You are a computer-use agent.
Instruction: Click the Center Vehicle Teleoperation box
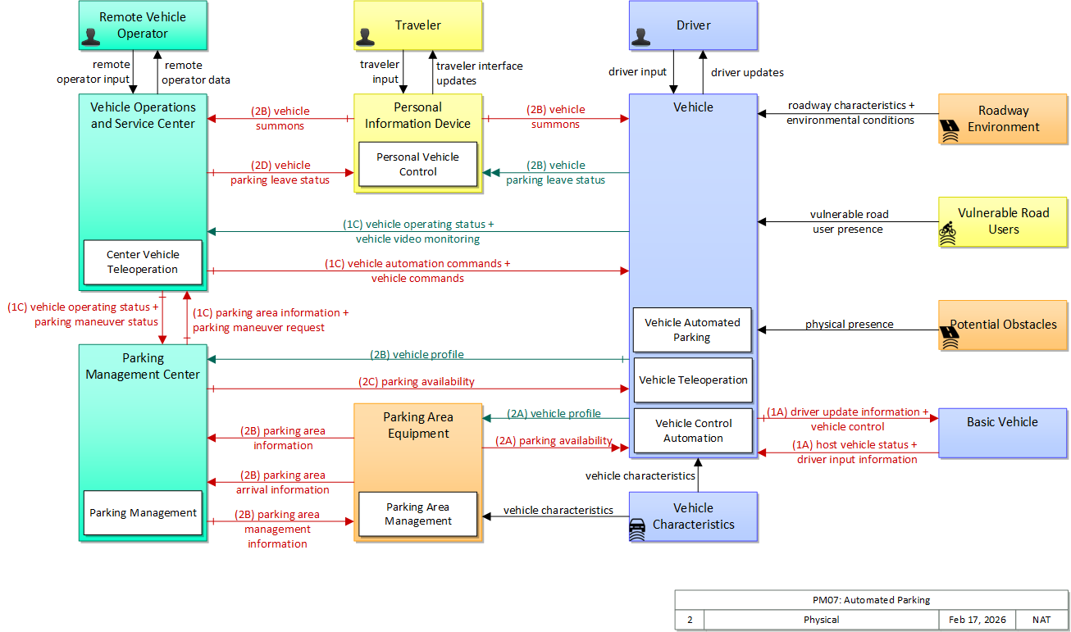[143, 262]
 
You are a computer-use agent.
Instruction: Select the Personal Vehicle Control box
[417, 164]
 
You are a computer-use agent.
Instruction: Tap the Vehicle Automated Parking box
[692, 330]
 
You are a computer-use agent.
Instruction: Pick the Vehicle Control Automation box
[693, 430]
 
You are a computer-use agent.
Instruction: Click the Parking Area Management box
[417, 514]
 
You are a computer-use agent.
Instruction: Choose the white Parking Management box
[143, 512]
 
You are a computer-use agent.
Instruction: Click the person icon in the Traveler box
[365, 37]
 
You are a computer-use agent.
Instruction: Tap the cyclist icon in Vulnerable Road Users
[947, 234]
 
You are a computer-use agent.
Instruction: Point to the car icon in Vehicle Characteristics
[637, 530]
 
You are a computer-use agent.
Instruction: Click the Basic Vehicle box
[1003, 433]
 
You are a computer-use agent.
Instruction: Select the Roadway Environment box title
[1003, 119]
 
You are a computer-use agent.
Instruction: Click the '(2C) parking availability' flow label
[417, 381]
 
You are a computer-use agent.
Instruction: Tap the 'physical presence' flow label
[849, 324]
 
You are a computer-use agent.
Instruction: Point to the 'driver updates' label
[747, 73]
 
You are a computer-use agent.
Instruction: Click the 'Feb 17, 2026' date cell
[978, 620]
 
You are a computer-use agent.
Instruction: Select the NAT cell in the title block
[1041, 620]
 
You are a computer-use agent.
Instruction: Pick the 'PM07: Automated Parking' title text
[871, 600]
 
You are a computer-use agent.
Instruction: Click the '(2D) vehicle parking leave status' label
[280, 173]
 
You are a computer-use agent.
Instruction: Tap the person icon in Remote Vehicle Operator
[90, 37]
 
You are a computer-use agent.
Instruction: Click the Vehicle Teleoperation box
[693, 380]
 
